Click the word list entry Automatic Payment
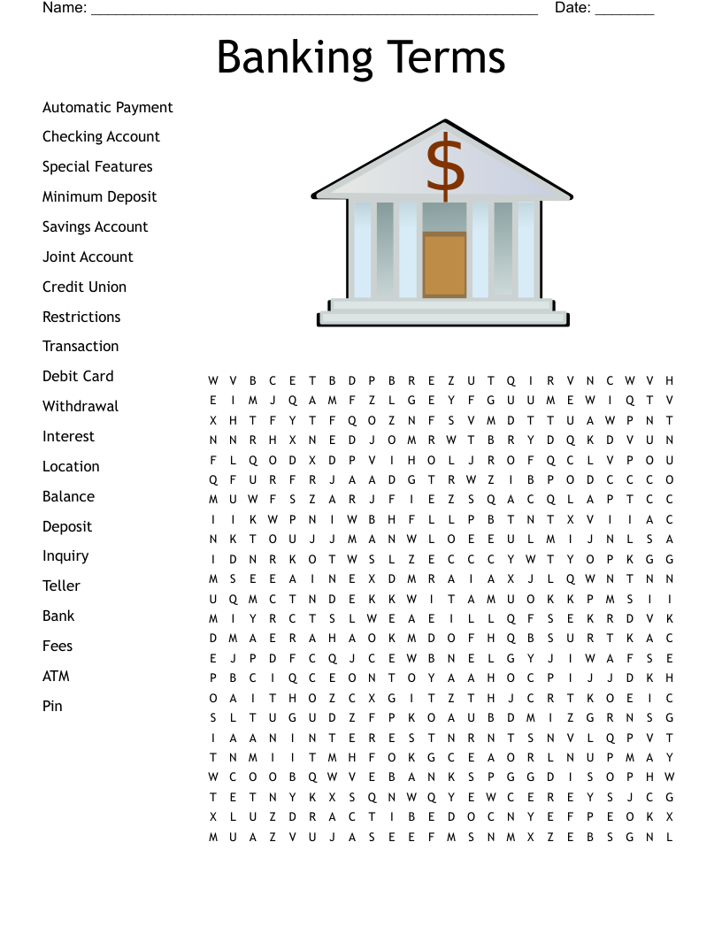tap(107, 108)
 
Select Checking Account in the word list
tap(101, 137)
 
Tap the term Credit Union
tap(84, 287)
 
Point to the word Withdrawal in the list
tap(80, 407)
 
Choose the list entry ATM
tap(56, 677)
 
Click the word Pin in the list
tap(52, 706)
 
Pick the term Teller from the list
tap(61, 586)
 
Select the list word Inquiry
tap(65, 556)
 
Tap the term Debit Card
tap(78, 377)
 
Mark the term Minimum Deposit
tap(99, 197)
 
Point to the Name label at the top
tap(65, 8)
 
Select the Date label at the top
tap(572, 8)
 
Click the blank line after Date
tap(625, 11)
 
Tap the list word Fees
tap(58, 647)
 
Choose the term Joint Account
tap(88, 257)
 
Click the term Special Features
tap(97, 167)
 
